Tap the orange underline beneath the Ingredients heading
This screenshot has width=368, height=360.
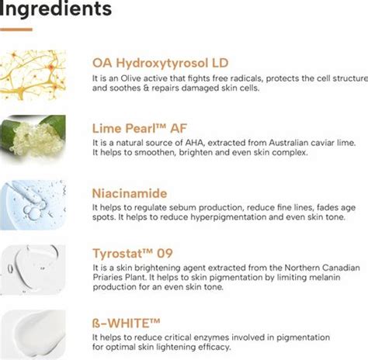tap(16, 29)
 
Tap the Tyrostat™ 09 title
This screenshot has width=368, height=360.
tap(134, 254)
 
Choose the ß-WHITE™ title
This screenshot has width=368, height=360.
tap(127, 321)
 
